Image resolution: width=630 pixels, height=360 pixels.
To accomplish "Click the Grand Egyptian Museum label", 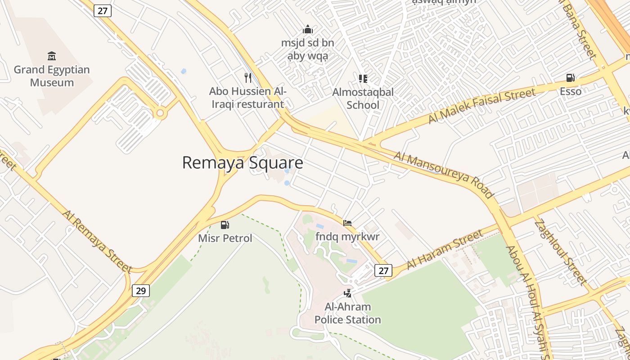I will tap(52, 76).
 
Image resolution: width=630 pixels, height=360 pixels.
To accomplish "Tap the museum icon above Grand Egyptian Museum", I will tap(52, 56).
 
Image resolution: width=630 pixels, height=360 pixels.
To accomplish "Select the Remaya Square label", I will tap(242, 163).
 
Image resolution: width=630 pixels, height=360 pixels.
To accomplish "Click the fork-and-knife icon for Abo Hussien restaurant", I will tap(248, 78).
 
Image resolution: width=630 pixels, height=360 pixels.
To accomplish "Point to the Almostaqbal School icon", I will tap(363, 79).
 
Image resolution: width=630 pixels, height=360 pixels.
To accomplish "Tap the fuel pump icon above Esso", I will tap(570, 78).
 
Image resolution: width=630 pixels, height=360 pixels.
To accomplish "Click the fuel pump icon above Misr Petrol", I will tap(225, 225).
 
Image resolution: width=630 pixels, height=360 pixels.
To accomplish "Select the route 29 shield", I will tap(141, 291).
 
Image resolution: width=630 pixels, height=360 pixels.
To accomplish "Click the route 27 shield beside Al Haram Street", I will tap(383, 270).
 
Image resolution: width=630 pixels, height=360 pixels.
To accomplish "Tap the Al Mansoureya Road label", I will tap(444, 175).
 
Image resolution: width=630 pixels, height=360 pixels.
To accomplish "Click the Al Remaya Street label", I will tap(97, 241).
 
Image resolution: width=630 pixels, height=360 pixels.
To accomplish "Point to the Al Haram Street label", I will tap(445, 249).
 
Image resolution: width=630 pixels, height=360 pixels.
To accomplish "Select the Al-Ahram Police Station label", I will tap(347, 313).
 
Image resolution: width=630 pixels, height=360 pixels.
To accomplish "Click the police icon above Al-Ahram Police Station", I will tap(347, 293).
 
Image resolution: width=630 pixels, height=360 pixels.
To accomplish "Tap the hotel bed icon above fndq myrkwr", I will tap(347, 223).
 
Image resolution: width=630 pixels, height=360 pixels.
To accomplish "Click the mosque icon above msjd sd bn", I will tap(308, 29).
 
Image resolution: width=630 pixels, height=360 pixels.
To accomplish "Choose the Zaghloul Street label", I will tap(561, 252).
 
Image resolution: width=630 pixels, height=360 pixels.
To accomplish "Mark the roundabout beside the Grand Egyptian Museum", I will tap(159, 113).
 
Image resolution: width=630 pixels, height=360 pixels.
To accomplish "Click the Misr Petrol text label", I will tap(225, 238).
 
